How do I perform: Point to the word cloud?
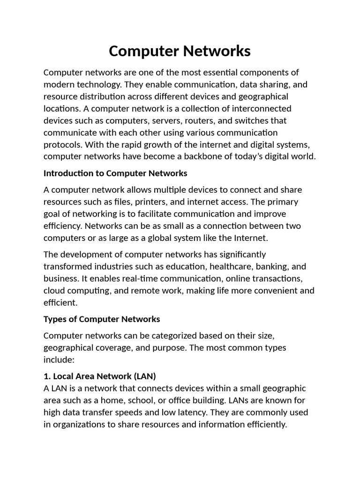(x=55, y=291)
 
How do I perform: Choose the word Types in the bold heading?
(x=54, y=319)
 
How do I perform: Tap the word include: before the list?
(x=58, y=360)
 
